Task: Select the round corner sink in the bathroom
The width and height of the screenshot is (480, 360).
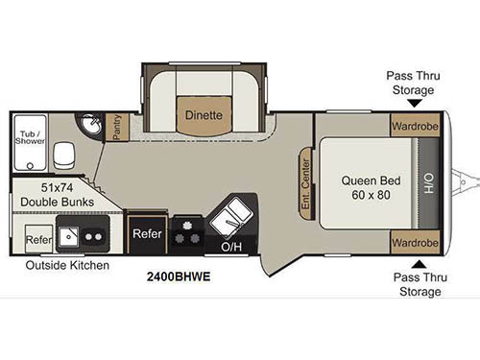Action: point(91,124)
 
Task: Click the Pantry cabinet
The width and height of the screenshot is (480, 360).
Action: point(117,126)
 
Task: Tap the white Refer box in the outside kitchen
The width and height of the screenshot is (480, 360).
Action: point(37,240)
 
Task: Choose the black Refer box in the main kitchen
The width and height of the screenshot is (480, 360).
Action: point(147,233)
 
